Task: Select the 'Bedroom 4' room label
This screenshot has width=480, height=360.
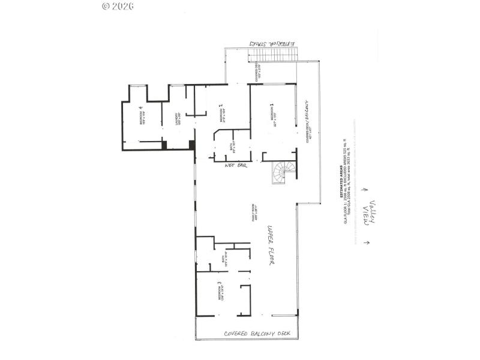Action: (142, 113)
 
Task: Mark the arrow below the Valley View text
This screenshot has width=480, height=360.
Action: (367, 243)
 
